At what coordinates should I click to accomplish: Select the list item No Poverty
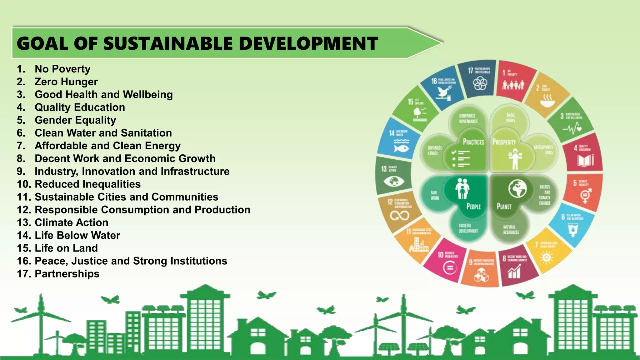point(62,69)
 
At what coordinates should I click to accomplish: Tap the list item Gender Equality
point(75,120)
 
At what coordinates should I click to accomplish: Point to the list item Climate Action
point(72,222)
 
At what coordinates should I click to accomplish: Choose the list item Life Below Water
point(77,235)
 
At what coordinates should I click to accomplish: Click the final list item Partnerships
point(67,274)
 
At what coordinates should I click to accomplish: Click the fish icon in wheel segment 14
point(401,147)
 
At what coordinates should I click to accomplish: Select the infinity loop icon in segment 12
point(399,216)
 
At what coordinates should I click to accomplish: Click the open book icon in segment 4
point(585,161)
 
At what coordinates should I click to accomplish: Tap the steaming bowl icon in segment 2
point(547,101)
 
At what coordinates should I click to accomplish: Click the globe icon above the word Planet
point(517,188)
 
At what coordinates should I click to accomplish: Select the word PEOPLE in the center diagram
point(473,206)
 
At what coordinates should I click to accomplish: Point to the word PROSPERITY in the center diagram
point(504,142)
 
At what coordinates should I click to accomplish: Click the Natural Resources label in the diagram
point(511,230)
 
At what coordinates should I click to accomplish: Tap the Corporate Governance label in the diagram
point(468,118)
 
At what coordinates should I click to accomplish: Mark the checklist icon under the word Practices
point(461,158)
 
